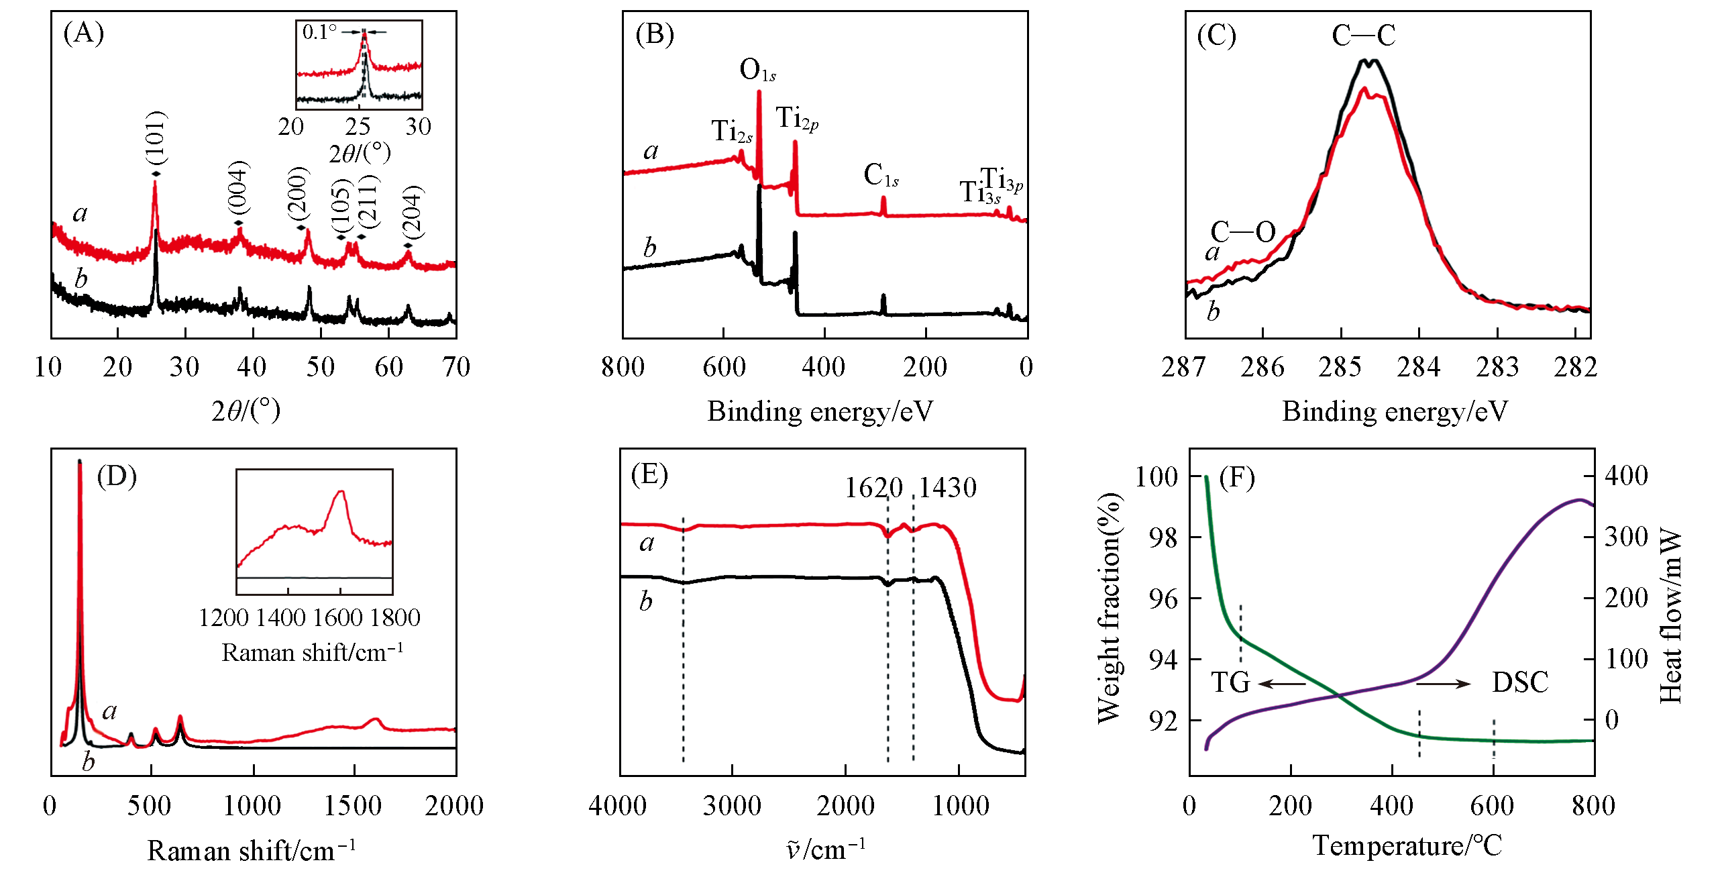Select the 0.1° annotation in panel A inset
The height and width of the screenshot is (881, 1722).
point(319,32)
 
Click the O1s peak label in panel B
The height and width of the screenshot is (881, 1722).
point(757,70)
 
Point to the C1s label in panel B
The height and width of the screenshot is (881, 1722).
point(881,175)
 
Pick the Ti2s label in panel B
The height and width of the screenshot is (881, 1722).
point(731,131)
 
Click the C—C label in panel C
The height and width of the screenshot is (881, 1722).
point(1363,36)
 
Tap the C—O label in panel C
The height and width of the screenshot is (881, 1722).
point(1242,232)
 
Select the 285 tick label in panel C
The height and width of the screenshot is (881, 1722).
point(1340,367)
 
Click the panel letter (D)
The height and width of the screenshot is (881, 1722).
point(117,476)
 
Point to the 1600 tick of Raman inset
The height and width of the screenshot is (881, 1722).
point(339,617)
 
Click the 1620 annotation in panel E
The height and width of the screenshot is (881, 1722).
point(873,488)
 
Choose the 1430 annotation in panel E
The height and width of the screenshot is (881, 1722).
point(947,488)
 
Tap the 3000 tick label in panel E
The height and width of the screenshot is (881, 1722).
point(732,806)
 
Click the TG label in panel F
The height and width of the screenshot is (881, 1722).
point(1230,682)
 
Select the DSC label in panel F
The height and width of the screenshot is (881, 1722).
point(1520,682)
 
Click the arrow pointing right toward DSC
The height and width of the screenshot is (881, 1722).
point(1443,684)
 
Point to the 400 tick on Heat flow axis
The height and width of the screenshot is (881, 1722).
point(1626,476)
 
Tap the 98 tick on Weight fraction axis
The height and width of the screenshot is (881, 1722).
point(1163,537)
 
